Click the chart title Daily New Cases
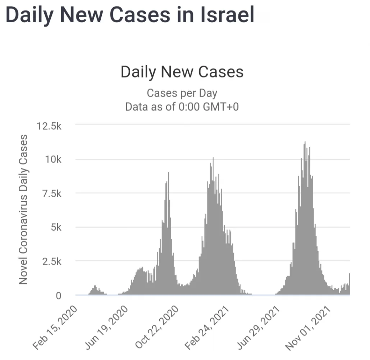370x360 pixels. (182, 72)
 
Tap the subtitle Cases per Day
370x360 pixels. (182, 93)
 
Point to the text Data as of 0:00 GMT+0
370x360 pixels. (182, 107)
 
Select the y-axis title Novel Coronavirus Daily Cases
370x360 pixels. (23, 210)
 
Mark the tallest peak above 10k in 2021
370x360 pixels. (305, 143)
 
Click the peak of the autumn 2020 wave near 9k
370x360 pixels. (168, 174)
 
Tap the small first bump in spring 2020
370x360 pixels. (95, 287)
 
